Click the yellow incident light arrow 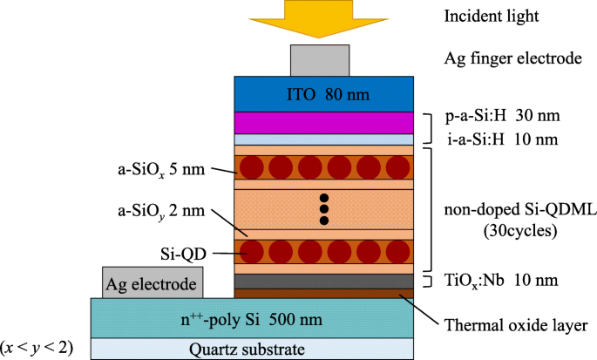(324, 19)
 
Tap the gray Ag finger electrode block (324, 58)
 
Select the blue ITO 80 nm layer (324, 93)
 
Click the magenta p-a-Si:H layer (324, 122)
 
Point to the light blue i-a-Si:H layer (324, 139)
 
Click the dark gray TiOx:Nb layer (324, 281)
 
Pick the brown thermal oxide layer (324, 293)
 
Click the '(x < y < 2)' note (37, 348)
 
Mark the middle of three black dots (324, 209)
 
